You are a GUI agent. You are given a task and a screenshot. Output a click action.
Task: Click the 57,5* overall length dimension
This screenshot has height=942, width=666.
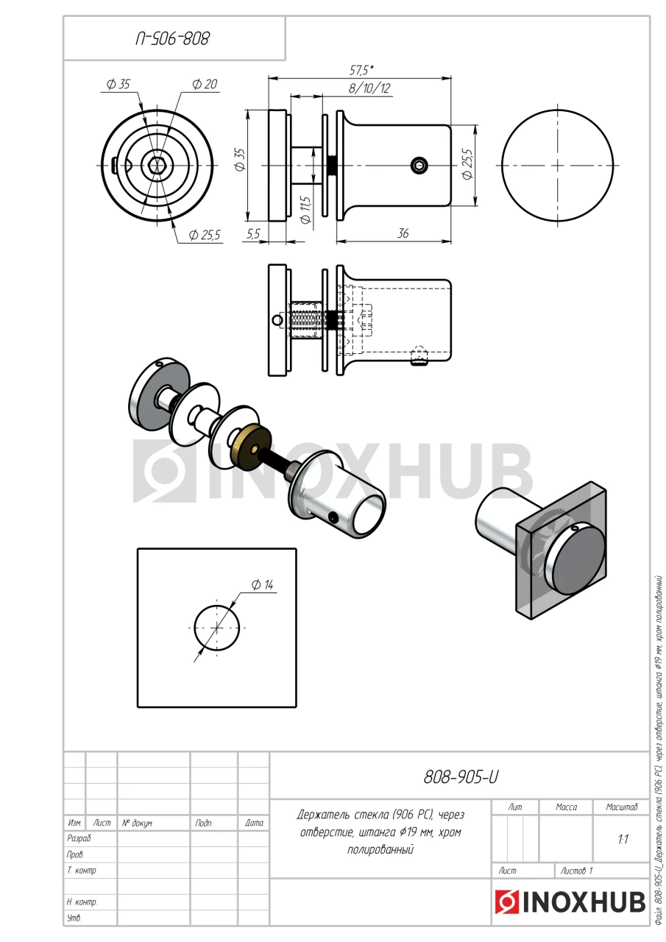pyautogui.click(x=361, y=70)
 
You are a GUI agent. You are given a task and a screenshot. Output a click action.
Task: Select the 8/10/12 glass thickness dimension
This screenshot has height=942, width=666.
pyautogui.click(x=369, y=88)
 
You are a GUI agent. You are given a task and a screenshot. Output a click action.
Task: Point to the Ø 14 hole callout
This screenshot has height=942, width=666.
pyautogui.click(x=263, y=584)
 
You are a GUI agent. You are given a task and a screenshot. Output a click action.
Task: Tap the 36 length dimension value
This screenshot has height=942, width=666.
pyautogui.click(x=403, y=233)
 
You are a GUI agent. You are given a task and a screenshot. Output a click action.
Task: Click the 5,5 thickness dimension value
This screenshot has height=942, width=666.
pyautogui.click(x=254, y=234)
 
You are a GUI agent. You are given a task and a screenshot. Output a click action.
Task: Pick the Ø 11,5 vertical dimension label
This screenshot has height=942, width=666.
pyautogui.click(x=305, y=210)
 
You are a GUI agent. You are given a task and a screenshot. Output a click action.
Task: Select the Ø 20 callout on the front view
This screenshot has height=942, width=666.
pyautogui.click(x=205, y=84)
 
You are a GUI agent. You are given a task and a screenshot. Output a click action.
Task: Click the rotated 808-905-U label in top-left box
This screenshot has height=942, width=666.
pyautogui.click(x=172, y=39)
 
